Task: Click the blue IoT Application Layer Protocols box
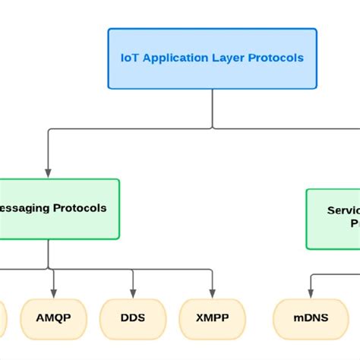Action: point(212,58)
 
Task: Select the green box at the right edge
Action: point(333,218)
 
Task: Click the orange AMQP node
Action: point(54,317)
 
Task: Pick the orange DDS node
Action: point(133,317)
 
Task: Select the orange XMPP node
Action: point(213,317)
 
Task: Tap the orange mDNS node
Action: point(311,317)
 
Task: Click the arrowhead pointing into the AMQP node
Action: point(54,293)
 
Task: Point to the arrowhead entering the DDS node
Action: point(133,293)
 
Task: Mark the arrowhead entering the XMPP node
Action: point(213,293)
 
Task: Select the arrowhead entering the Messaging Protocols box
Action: point(49,173)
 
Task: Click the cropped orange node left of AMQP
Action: point(3,317)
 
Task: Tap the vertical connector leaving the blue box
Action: point(212,110)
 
